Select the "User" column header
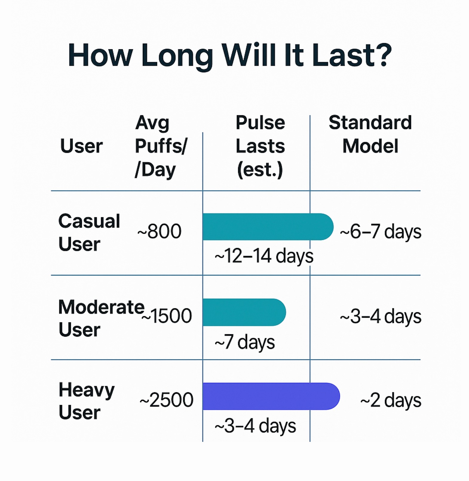pyautogui.click(x=81, y=146)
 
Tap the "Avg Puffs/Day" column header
pyautogui.click(x=161, y=146)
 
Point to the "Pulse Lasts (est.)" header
pyautogui.click(x=260, y=146)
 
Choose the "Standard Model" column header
pyautogui.click(x=370, y=134)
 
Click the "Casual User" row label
pyautogui.click(x=89, y=232)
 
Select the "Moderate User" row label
pyautogui.click(x=101, y=318)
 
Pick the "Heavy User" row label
pyautogui.click(x=87, y=401)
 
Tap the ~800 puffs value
pyautogui.click(x=159, y=231)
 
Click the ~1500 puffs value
pyautogui.click(x=166, y=316)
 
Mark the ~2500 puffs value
pyautogui.click(x=166, y=400)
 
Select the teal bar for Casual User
pyautogui.click(x=268, y=227)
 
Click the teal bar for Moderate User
pyautogui.click(x=244, y=312)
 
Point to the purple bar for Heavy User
pyautogui.click(x=271, y=396)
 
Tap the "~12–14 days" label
pyautogui.click(x=264, y=256)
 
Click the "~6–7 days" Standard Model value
pyautogui.click(x=381, y=232)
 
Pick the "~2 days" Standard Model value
pyautogui.click(x=391, y=400)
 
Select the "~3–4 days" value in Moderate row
pyautogui.click(x=381, y=316)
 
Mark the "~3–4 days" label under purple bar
pyautogui.click(x=255, y=426)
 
